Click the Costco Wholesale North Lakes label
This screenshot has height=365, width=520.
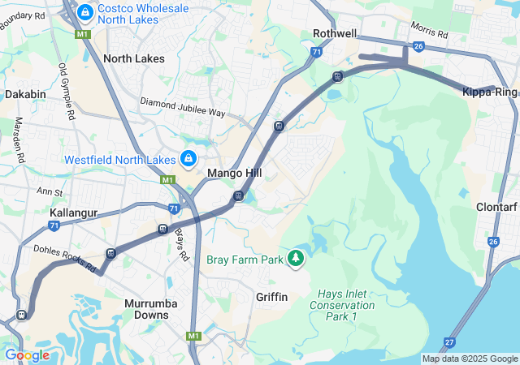(143, 15)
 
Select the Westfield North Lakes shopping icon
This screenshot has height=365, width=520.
(188, 158)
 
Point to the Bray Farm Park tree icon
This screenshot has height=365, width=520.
(297, 259)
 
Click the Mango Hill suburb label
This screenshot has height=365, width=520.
(234, 174)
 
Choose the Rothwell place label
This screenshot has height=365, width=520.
(335, 33)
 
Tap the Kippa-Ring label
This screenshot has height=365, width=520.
(488, 93)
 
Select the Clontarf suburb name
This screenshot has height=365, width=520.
(496, 205)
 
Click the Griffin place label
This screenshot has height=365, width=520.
(271, 297)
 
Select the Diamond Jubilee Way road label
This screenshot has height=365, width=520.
(183, 106)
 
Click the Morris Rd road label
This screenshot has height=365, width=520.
(429, 31)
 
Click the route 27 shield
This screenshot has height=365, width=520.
(449, 342)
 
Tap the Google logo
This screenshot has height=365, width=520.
(27, 355)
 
